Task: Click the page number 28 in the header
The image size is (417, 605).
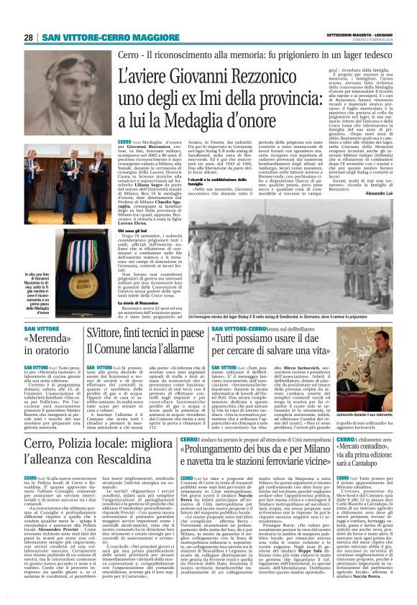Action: [x=29, y=37]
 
